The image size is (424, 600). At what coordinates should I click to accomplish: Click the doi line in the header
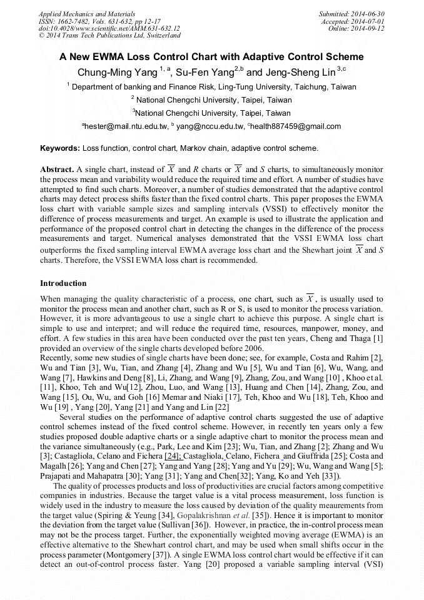click(x=109, y=29)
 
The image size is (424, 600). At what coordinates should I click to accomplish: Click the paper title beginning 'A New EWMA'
click(x=211, y=57)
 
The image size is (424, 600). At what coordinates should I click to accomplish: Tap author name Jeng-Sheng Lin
click(x=301, y=72)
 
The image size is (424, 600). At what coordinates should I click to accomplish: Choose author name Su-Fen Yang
click(x=204, y=72)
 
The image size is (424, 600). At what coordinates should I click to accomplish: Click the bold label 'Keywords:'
click(x=60, y=148)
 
